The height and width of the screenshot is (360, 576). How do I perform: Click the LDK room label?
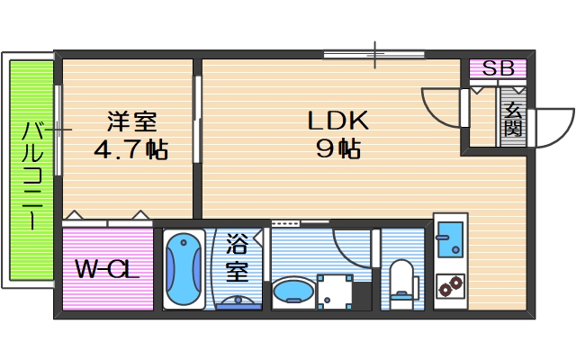(337, 121)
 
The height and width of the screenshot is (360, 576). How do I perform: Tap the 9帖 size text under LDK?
(337, 148)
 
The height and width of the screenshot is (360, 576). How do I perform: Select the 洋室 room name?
(131, 121)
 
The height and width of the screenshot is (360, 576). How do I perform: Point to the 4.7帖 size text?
(131, 148)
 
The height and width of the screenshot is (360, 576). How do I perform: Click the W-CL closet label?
(106, 269)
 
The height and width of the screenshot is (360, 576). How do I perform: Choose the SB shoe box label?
(498, 68)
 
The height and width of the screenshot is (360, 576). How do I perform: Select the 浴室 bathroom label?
(238, 256)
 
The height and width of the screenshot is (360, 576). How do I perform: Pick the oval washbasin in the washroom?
(292, 292)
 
